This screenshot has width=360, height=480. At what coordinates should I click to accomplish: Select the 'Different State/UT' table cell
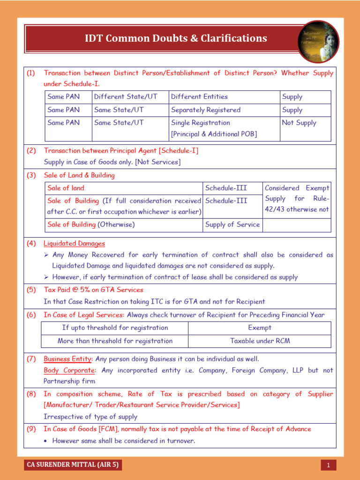pyautogui.click(x=126, y=97)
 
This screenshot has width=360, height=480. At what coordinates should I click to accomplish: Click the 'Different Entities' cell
pyautogui.click(x=199, y=97)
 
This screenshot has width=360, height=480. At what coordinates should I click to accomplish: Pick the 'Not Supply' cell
pyautogui.click(x=299, y=123)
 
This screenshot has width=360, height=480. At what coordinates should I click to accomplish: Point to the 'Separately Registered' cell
pyautogui.click(x=206, y=110)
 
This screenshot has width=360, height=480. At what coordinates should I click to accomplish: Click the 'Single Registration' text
pyautogui.click(x=201, y=123)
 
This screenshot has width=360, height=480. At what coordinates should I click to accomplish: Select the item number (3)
pyautogui.click(x=31, y=175)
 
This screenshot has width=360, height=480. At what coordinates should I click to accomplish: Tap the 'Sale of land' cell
pyautogui.click(x=66, y=188)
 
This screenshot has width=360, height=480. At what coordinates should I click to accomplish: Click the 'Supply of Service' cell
pyautogui.click(x=232, y=225)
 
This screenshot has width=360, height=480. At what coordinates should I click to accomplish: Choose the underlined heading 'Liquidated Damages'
pyautogui.click(x=74, y=244)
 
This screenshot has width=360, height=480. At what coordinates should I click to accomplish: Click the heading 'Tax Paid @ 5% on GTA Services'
pyautogui.click(x=93, y=290)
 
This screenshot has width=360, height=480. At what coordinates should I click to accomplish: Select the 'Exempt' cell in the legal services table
pyautogui.click(x=259, y=328)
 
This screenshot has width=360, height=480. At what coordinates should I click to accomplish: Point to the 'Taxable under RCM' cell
pyautogui.click(x=260, y=341)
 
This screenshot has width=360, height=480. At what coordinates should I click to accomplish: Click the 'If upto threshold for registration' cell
pyautogui.click(x=115, y=328)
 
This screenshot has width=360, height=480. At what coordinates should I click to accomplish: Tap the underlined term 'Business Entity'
pyautogui.click(x=67, y=359)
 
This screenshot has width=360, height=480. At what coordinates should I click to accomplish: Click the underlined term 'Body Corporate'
pyautogui.click(x=69, y=370)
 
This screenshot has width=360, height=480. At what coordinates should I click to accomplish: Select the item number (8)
pyautogui.click(x=31, y=394)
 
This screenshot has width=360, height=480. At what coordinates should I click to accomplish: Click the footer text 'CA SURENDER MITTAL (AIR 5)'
pyautogui.click(x=73, y=465)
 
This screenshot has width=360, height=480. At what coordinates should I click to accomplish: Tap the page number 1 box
pyautogui.click(x=329, y=465)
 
